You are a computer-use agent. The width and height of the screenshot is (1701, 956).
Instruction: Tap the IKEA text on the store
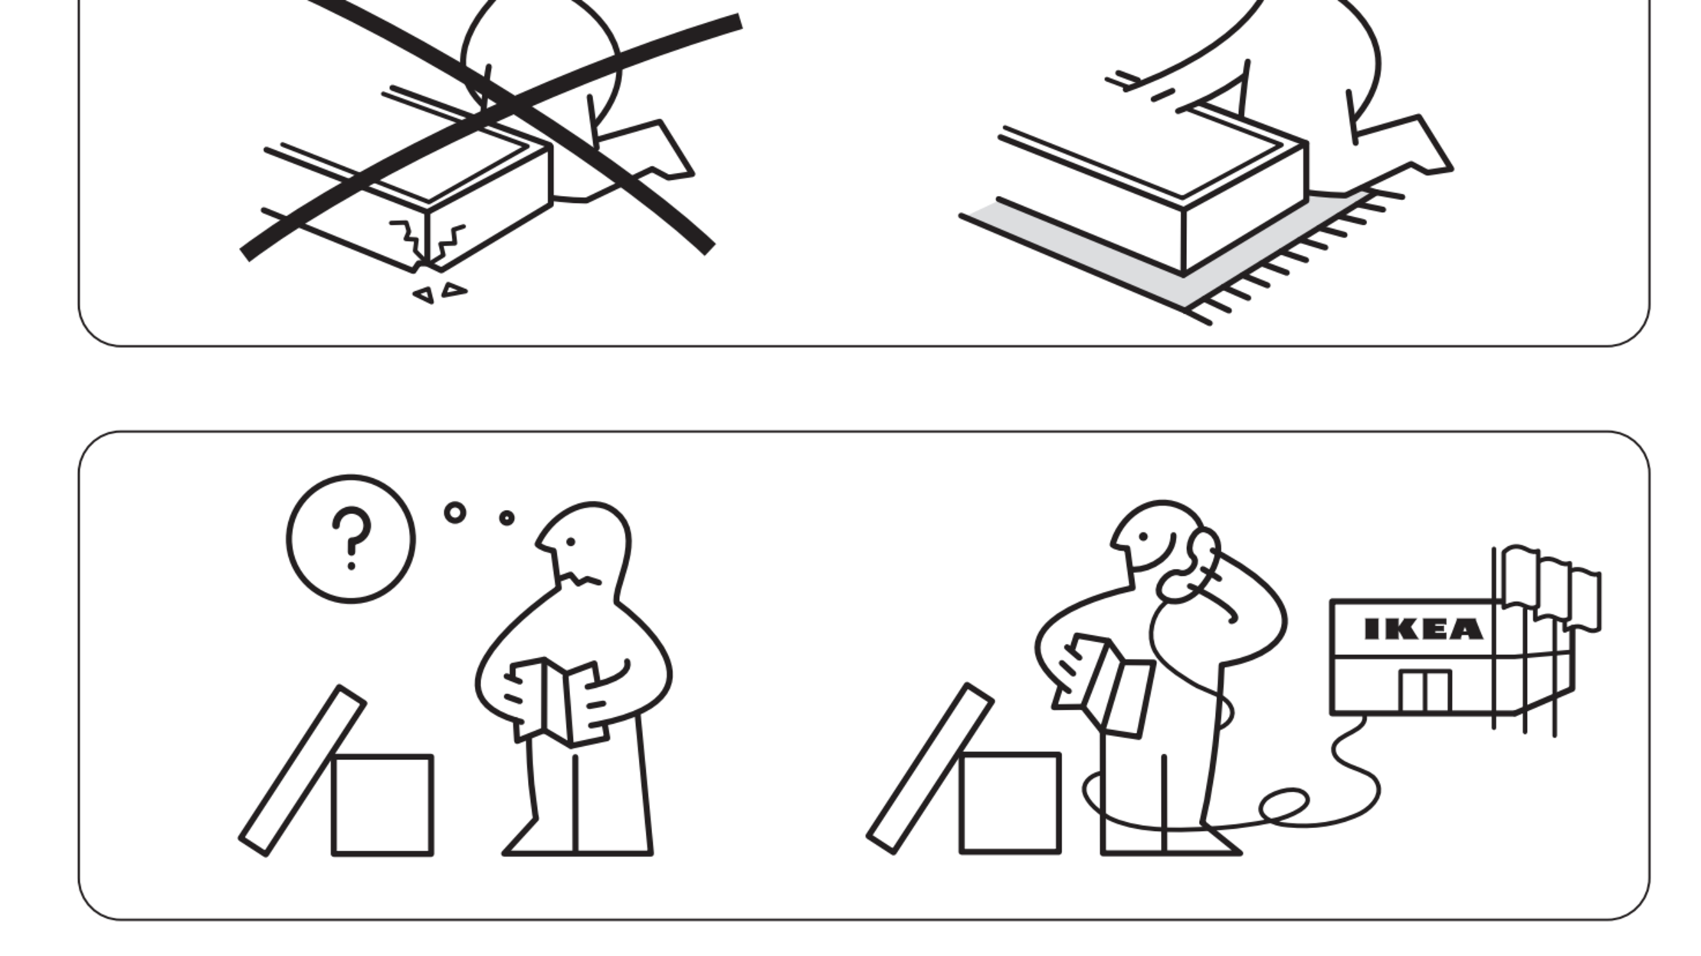[x=1424, y=630]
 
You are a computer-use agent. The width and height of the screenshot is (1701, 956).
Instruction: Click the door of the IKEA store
[x=1424, y=691]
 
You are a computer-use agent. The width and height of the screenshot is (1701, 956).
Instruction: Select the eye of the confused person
[x=571, y=542]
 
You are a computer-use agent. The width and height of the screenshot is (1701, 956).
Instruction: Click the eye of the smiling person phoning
[x=1144, y=537]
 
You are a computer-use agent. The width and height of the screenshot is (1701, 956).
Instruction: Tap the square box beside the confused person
[x=382, y=804]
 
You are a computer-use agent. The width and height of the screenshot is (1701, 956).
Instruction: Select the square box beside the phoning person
[x=1010, y=803]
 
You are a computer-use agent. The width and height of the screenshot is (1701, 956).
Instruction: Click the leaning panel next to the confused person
[x=303, y=770]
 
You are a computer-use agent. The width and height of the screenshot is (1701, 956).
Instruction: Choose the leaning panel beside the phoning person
[x=930, y=768]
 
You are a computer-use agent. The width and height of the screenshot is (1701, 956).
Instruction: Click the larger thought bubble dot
[x=455, y=512]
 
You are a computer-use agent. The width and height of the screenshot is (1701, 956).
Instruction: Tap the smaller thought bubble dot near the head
[x=506, y=519]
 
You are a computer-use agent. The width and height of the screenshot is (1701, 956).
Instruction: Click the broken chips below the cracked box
[x=441, y=293]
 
